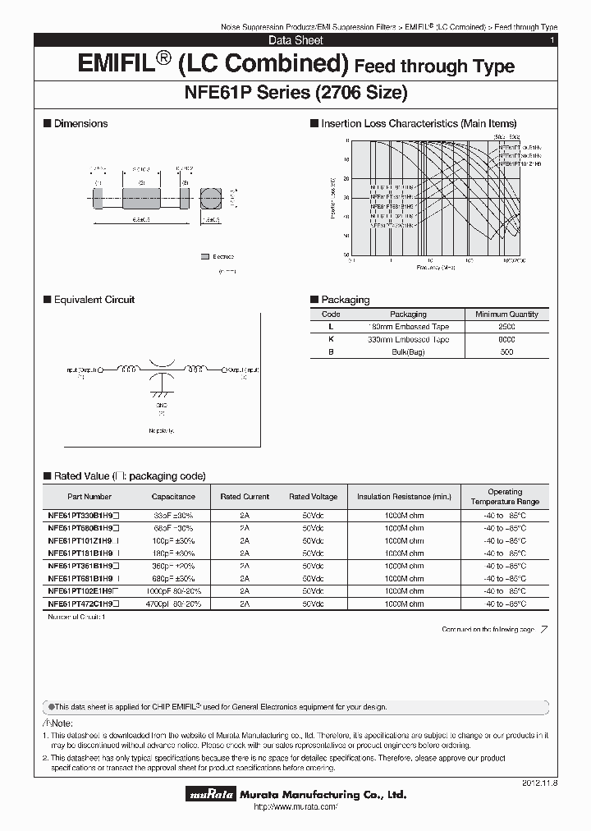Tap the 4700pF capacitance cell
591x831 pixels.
[173, 604]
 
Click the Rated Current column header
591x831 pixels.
[245, 497]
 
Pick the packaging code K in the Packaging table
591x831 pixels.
[331, 339]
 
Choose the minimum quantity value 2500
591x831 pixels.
[506, 327]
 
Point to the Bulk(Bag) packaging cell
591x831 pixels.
[408, 351]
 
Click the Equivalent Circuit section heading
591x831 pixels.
[94, 300]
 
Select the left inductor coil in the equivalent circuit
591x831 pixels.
[130, 368]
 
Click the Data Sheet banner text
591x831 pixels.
[295, 40]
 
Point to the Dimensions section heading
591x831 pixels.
[80, 124]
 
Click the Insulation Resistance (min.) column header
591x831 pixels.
[404, 497]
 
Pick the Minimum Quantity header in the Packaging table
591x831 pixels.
[506, 314]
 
